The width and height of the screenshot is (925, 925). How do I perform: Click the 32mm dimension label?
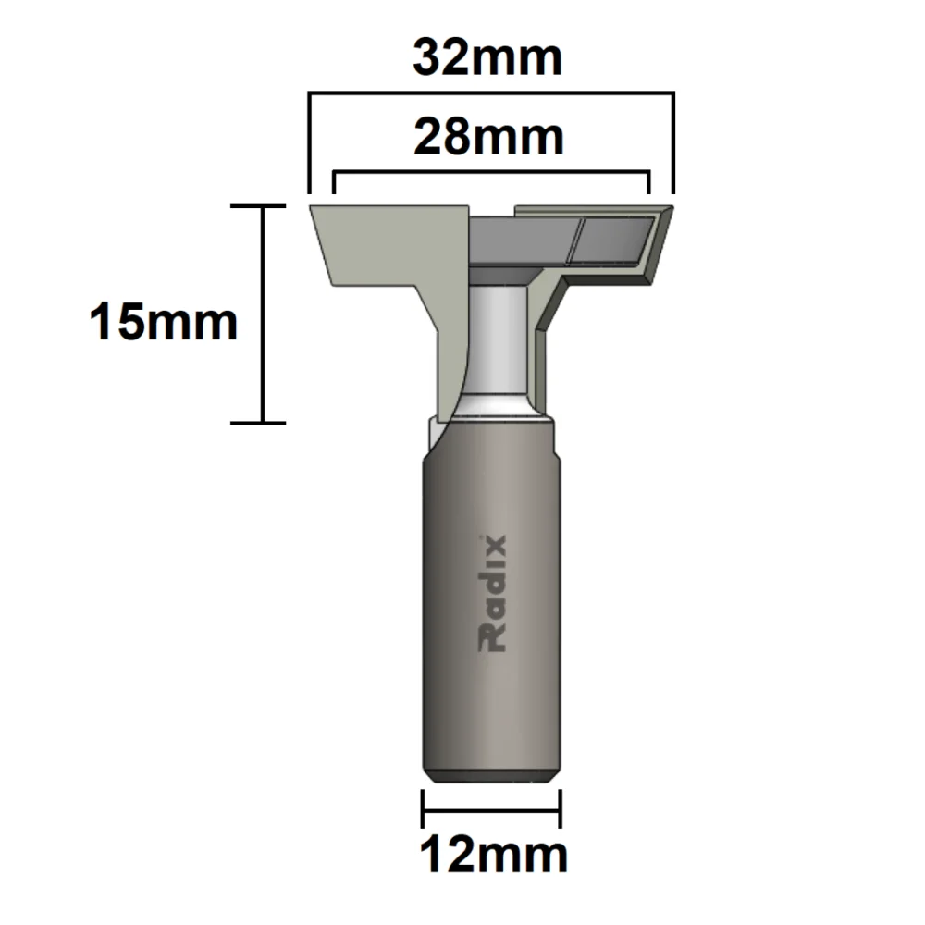coord(487,58)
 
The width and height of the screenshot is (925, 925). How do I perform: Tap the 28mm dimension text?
coord(488,138)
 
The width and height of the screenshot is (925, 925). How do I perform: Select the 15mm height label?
coord(164,323)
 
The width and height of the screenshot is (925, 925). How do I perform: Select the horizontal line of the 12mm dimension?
coord(492,808)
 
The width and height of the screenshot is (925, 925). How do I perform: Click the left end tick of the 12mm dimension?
coord(423,808)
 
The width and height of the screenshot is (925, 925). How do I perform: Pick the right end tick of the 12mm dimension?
coord(561,808)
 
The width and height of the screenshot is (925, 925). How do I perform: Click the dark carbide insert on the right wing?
coord(615,241)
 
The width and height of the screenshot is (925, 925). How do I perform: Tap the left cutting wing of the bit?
coord(388,250)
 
